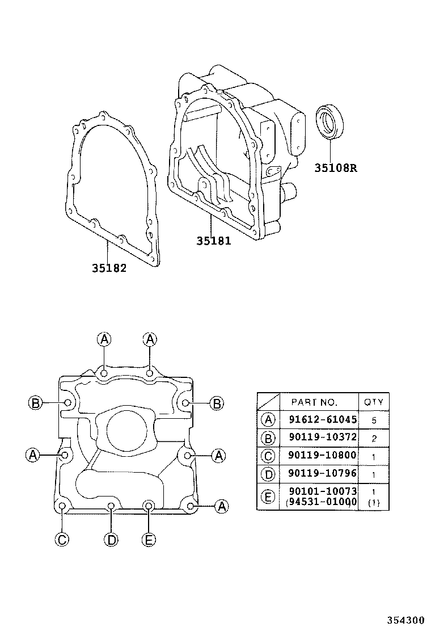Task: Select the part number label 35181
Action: pos(214,241)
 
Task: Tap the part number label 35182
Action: pos(109,268)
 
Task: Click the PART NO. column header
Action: pos(314,402)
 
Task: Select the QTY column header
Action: pos(373,402)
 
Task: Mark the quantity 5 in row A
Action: pos(373,420)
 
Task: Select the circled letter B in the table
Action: pos(268,438)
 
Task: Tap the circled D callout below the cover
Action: pos(112,540)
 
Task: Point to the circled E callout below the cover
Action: pos(148,540)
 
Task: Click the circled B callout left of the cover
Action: pos(35,403)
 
